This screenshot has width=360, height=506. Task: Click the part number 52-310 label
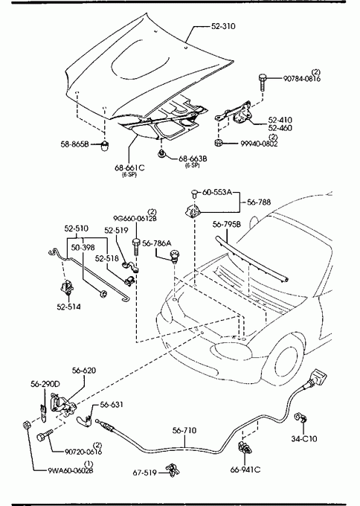click(x=223, y=26)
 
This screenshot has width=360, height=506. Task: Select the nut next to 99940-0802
click(x=219, y=143)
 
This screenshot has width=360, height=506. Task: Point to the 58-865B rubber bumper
click(x=105, y=146)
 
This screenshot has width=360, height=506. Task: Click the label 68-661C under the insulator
click(x=129, y=168)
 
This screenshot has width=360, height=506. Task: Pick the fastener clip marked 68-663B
click(x=161, y=155)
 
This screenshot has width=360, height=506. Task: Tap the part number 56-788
click(x=259, y=202)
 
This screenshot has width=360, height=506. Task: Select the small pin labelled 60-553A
click(x=194, y=194)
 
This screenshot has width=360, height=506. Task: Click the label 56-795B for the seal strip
click(x=227, y=224)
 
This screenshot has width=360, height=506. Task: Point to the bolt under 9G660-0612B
click(x=136, y=247)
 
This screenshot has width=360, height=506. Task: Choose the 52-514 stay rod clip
click(x=67, y=287)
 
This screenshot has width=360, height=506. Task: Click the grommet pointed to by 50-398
click(x=103, y=294)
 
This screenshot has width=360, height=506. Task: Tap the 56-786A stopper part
click(x=175, y=256)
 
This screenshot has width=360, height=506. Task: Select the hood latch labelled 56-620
click(x=63, y=405)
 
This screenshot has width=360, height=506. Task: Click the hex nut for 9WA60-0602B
click(x=27, y=426)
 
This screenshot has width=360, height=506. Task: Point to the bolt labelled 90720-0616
click(x=45, y=435)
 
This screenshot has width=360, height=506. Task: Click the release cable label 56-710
click(x=184, y=431)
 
